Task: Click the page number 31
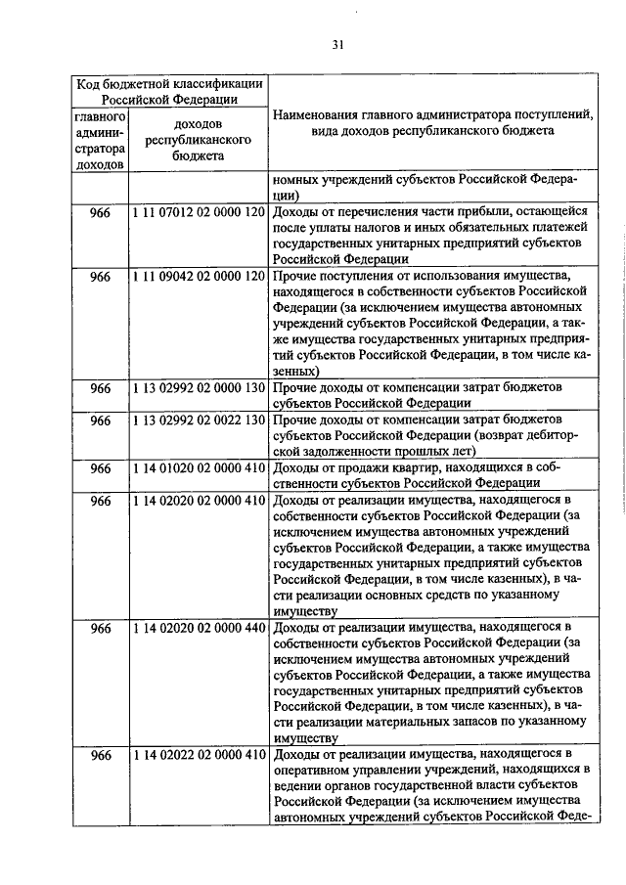coord(337,44)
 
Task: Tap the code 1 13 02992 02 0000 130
coord(199,388)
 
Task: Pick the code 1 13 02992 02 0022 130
coord(199,420)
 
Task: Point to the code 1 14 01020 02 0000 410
coord(199,468)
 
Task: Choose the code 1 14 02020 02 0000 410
coord(199,501)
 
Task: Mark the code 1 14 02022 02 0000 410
coord(199,755)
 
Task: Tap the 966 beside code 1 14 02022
coord(101,755)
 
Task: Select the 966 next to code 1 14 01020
coord(101,468)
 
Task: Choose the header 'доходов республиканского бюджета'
coord(199,140)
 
